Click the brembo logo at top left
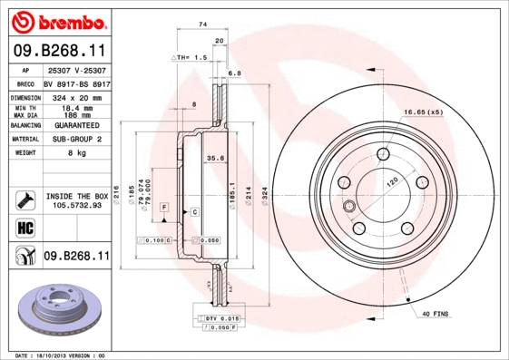[57, 21]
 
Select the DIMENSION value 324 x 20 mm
[74, 96]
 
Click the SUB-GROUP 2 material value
[74, 140]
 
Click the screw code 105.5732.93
[76, 206]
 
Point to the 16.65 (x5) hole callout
[422, 112]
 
